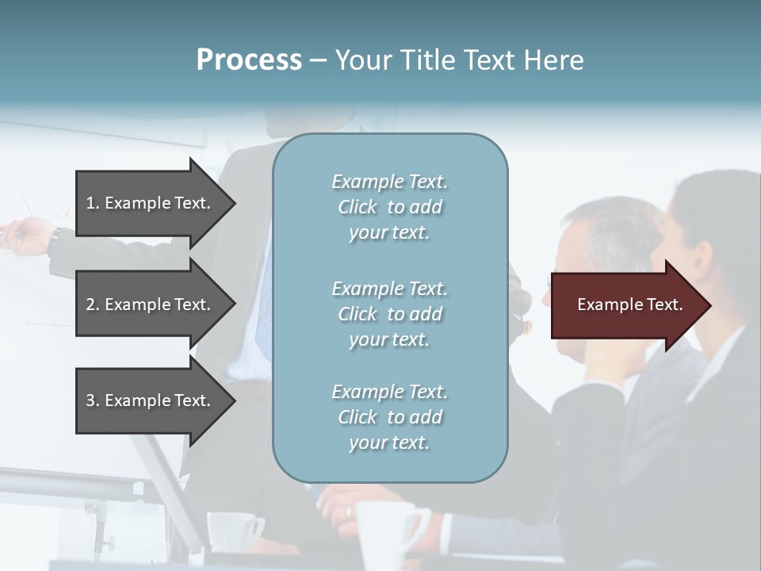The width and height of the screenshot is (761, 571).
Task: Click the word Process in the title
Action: coord(249,60)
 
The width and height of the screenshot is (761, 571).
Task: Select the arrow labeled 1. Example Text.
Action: coord(151,203)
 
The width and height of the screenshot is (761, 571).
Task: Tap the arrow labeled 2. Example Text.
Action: coord(151,305)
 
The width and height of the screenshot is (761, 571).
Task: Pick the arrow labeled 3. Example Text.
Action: coord(151,400)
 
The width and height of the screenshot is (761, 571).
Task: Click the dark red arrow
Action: coord(626,305)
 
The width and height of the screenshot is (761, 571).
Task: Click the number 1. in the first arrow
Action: coord(93,203)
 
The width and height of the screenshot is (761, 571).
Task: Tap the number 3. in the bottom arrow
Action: coord(93,400)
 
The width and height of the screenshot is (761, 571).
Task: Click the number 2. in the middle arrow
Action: coord(93,305)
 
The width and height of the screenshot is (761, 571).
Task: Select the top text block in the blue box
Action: coord(389,207)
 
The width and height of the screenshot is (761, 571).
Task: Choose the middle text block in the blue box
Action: coord(389,314)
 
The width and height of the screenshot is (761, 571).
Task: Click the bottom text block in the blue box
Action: coord(389,417)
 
